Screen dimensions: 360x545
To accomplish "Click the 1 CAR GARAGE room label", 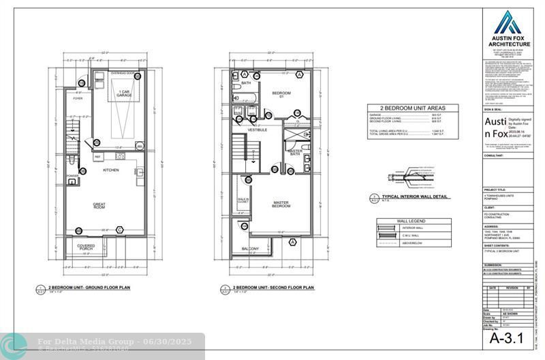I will point(124,93).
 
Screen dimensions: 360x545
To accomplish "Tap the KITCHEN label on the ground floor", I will point(112,170).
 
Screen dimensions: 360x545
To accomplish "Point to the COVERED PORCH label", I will point(87,247).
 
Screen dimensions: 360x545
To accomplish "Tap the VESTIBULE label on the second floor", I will point(257,129).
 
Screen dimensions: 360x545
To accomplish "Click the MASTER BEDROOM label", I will point(282,204).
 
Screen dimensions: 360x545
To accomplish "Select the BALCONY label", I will point(251,249).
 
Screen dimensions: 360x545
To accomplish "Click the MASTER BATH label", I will point(295,152).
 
